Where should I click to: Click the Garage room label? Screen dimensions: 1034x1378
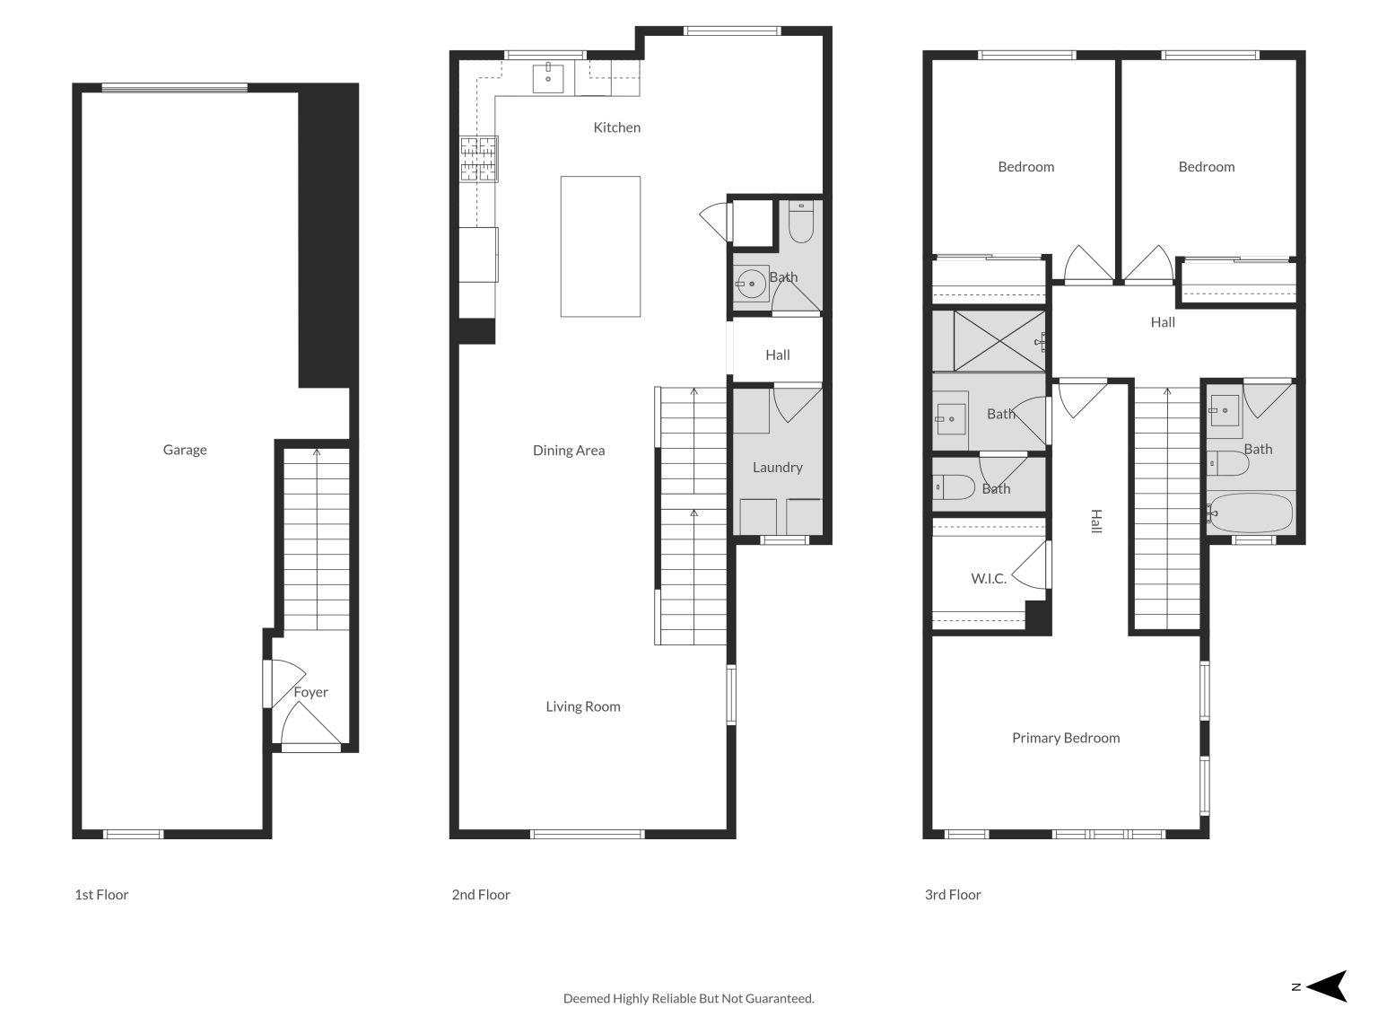coord(185,450)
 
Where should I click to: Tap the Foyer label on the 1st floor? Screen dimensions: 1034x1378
coord(311,692)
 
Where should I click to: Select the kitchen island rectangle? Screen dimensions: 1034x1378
coord(600,246)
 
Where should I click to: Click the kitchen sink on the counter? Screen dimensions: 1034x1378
coord(548,78)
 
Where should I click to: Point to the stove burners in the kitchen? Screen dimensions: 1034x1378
coord(478,160)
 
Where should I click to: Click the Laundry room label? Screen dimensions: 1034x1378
coord(777,467)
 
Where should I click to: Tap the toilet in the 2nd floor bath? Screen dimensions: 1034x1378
coord(800,223)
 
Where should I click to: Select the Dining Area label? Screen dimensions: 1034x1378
coord(569,451)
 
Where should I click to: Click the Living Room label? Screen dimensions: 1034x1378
coord(583,706)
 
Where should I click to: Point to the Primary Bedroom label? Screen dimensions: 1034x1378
coord(1066,738)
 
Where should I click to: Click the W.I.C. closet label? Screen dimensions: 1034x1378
coord(989,579)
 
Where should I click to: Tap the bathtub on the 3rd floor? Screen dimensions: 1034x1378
coord(1250,513)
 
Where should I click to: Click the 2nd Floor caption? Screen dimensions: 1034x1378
coord(481,895)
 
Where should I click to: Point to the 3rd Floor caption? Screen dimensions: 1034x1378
coord(953,895)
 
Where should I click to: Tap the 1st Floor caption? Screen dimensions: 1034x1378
coord(101,895)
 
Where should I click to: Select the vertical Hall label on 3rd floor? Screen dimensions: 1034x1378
coord(1095,521)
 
